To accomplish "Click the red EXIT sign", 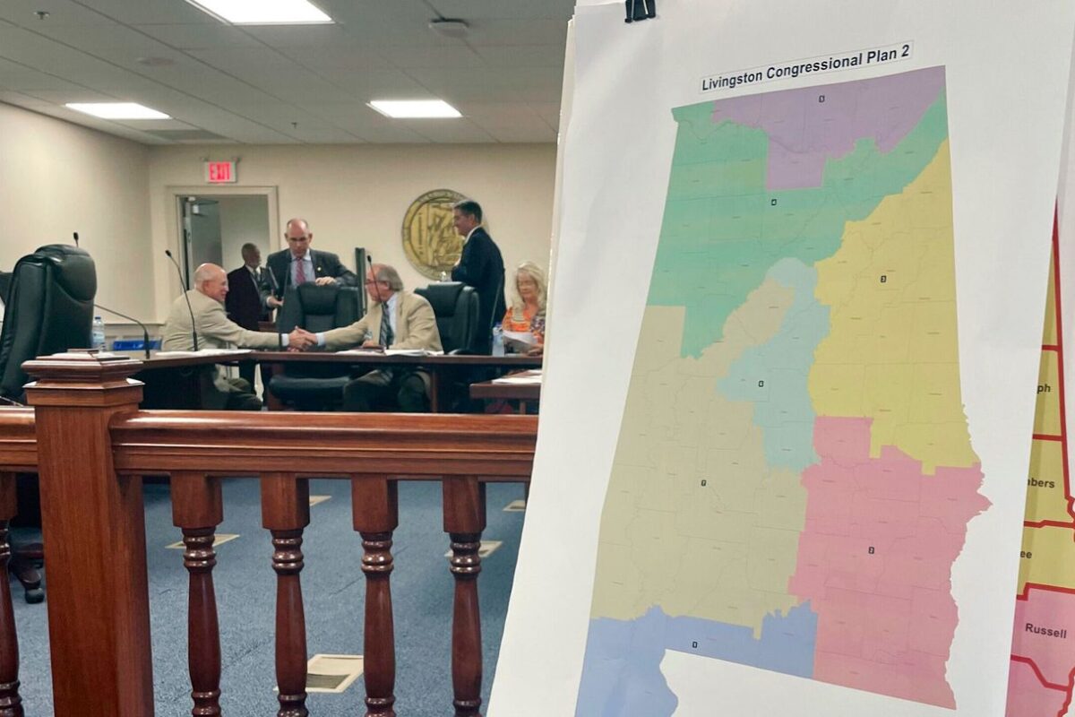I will coord(220,171).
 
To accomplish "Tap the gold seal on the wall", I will coord(432,233).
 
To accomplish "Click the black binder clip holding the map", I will coord(640,10).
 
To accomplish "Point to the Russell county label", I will coord(1045,630).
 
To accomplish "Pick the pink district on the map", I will coord(878,556).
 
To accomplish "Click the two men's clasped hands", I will coord(302,339).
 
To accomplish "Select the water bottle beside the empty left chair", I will coord(98,333).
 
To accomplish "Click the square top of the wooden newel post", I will coord(82,367).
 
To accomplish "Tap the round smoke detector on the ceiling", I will coord(448,27).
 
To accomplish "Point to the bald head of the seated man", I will coord(210,280).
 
